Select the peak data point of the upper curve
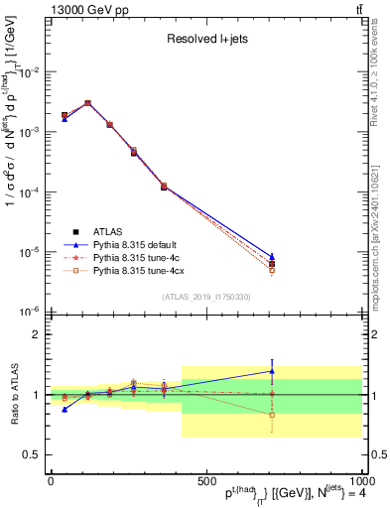[87, 102]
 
